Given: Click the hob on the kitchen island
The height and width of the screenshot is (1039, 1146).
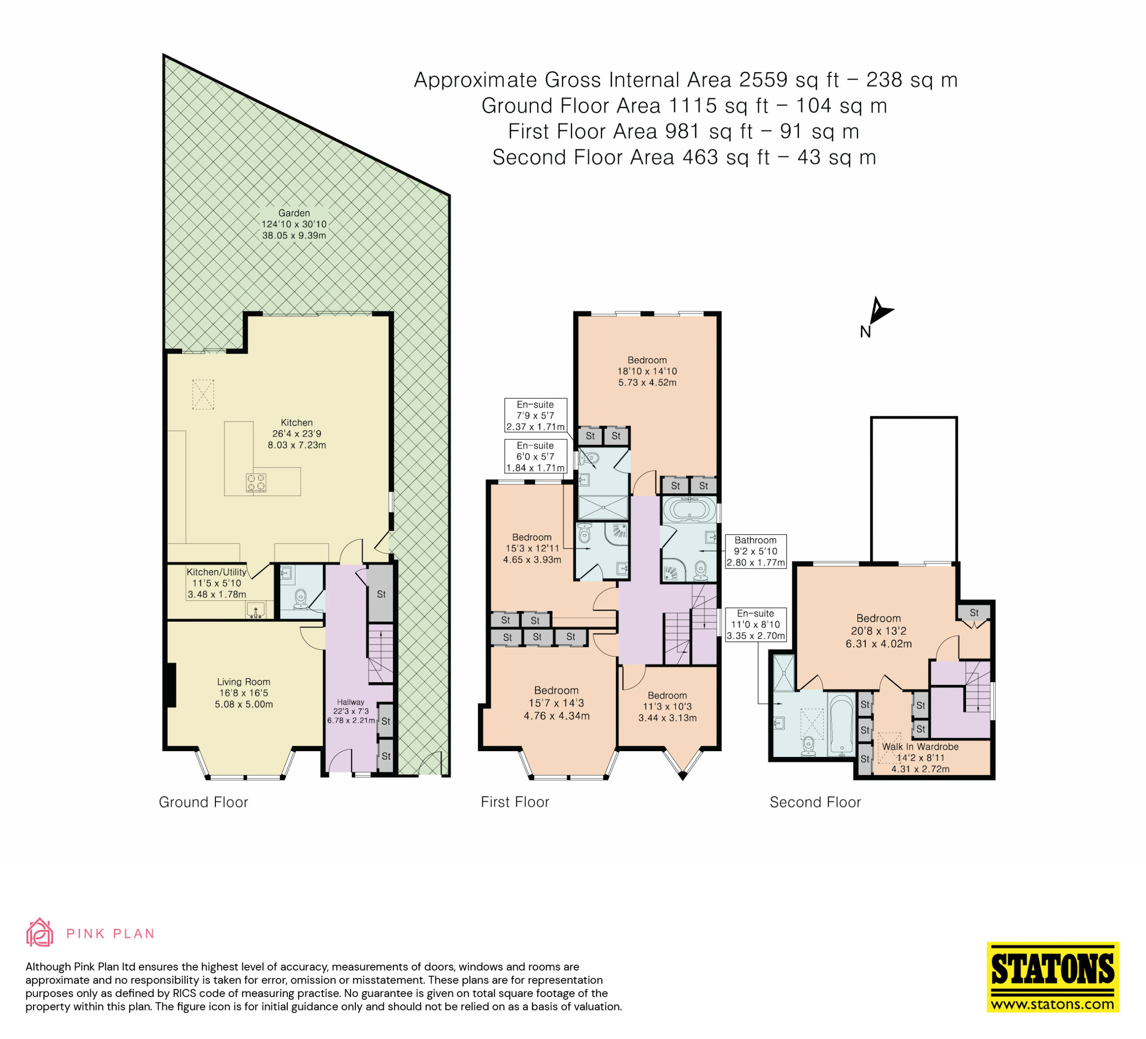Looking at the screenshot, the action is [256, 483].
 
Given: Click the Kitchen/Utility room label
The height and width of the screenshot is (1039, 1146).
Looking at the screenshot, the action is [217, 583].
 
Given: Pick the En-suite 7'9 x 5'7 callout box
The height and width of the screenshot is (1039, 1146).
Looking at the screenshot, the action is [535, 415].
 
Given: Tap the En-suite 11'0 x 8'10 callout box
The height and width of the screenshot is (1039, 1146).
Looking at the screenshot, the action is [756, 624].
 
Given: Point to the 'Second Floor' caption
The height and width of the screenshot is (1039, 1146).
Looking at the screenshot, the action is [815, 802].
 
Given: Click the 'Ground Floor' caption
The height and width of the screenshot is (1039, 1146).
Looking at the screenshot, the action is [204, 802].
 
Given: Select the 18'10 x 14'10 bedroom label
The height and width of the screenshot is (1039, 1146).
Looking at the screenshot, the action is [647, 371].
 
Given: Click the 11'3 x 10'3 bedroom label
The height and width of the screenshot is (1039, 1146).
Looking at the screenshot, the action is [667, 706].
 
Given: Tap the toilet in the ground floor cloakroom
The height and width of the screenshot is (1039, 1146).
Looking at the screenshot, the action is [301, 599].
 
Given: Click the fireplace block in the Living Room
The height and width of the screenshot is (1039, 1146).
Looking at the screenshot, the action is [170, 685].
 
